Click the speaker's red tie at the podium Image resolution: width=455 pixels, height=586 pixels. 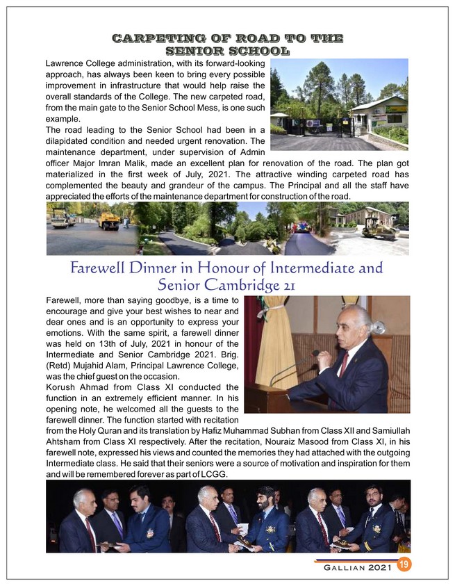345,363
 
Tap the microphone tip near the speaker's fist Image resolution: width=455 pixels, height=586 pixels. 316,355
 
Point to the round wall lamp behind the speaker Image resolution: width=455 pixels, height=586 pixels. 378,327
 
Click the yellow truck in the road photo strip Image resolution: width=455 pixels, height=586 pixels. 108,220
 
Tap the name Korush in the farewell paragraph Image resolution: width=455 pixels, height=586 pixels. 61,386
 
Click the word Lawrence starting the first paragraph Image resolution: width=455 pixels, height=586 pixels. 66,63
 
